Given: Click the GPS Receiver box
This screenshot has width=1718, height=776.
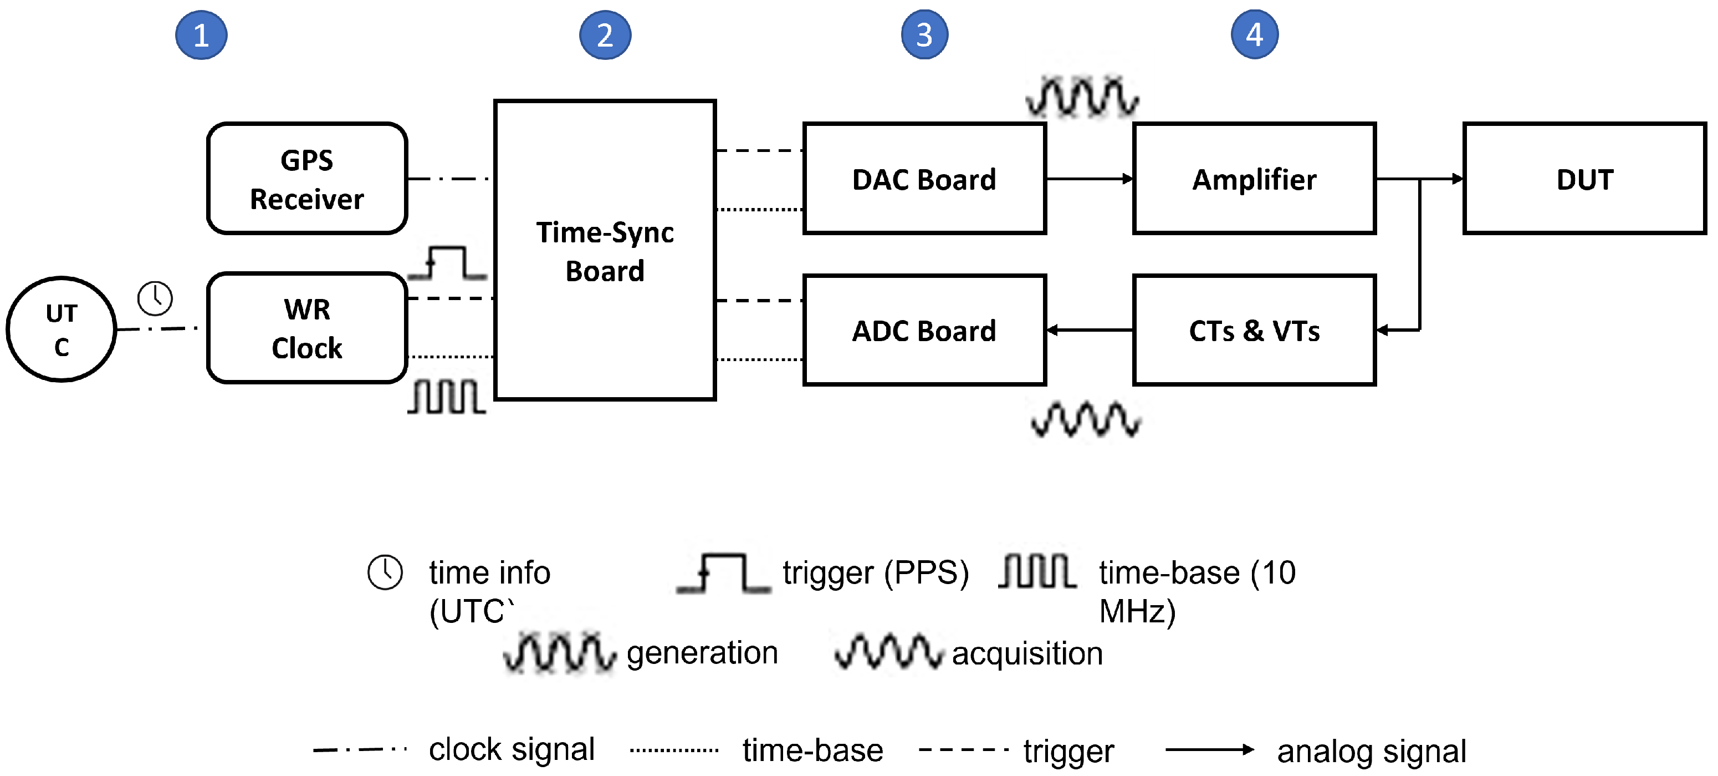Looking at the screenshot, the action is (x=307, y=178).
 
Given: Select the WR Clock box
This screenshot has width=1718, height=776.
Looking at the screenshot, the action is (x=307, y=328).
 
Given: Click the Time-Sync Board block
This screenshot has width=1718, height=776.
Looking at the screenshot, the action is (x=605, y=250).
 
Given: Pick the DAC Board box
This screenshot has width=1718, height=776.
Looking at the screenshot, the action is (x=924, y=178).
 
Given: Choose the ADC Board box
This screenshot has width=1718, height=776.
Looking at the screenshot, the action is (x=924, y=329).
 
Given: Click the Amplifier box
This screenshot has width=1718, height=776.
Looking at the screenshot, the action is (x=1254, y=178).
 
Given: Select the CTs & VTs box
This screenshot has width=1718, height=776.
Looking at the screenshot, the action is (x=1254, y=329).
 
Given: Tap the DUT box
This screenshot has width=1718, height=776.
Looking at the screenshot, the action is (x=1584, y=178).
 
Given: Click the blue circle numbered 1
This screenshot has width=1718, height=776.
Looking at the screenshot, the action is (x=201, y=35).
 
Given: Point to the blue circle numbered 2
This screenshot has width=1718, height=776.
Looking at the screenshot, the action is (x=605, y=35).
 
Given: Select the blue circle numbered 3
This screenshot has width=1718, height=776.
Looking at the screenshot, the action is (x=924, y=35).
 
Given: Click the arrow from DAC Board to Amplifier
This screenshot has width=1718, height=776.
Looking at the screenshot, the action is (x=1090, y=179).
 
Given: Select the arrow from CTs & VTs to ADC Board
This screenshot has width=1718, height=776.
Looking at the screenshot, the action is (x=1090, y=329).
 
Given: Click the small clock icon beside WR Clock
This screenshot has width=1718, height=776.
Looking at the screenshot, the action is (x=155, y=298).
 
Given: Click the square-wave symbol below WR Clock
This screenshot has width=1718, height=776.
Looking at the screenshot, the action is (x=446, y=397).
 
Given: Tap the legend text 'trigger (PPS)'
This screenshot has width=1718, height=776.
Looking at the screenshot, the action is (x=876, y=572).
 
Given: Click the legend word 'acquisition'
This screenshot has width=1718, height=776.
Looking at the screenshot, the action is (x=1027, y=654).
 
